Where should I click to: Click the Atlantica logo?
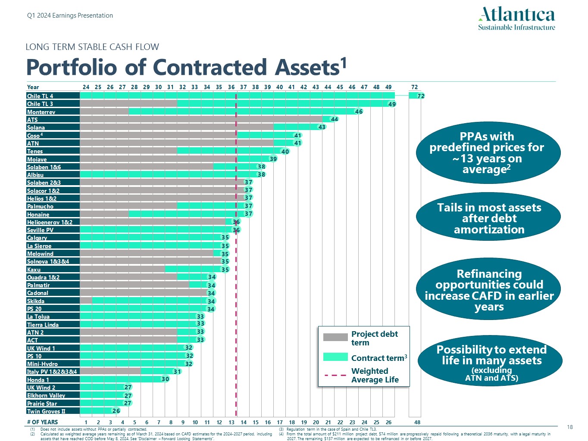pos(516,19)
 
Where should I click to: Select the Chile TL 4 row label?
pos(40,96)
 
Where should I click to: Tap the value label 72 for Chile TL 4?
pos(421,96)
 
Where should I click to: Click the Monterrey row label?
pos(41,112)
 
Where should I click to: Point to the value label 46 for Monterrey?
pos(359,112)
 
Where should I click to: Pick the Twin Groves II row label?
pos(46,411)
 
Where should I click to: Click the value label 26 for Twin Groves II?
pos(116,411)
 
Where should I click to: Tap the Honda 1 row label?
pos(38,380)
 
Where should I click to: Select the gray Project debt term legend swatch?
pos(335,337)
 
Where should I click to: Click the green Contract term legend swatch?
pos(335,357)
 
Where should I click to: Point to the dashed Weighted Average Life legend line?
pos(335,375)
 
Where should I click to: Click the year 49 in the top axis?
pos(388,87)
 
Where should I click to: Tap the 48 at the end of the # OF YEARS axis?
pos(417,422)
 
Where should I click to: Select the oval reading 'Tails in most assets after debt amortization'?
pos(488,218)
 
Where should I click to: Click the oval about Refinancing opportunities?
pos(489,290)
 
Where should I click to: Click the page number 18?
pos(570,427)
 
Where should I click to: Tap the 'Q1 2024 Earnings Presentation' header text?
pos(70,16)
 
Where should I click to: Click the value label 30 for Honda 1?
pos(165,379)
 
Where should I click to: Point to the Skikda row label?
pos(36,301)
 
